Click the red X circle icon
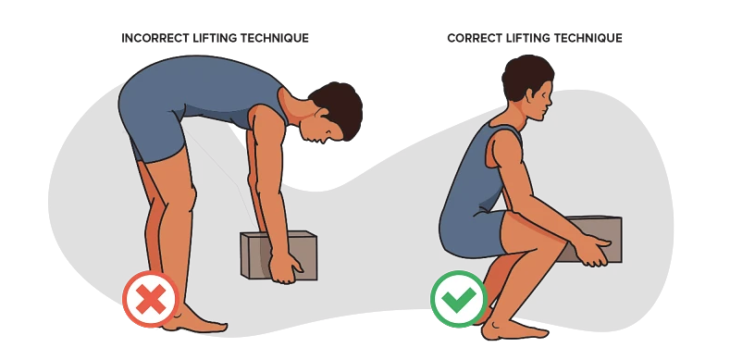tap(151, 299)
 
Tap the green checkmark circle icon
tap(459, 299)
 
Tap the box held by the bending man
tap(278, 255)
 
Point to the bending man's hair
tap(338, 108)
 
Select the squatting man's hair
tap(526, 76)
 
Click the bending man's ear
tap(321, 114)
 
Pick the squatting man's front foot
tap(513, 329)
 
